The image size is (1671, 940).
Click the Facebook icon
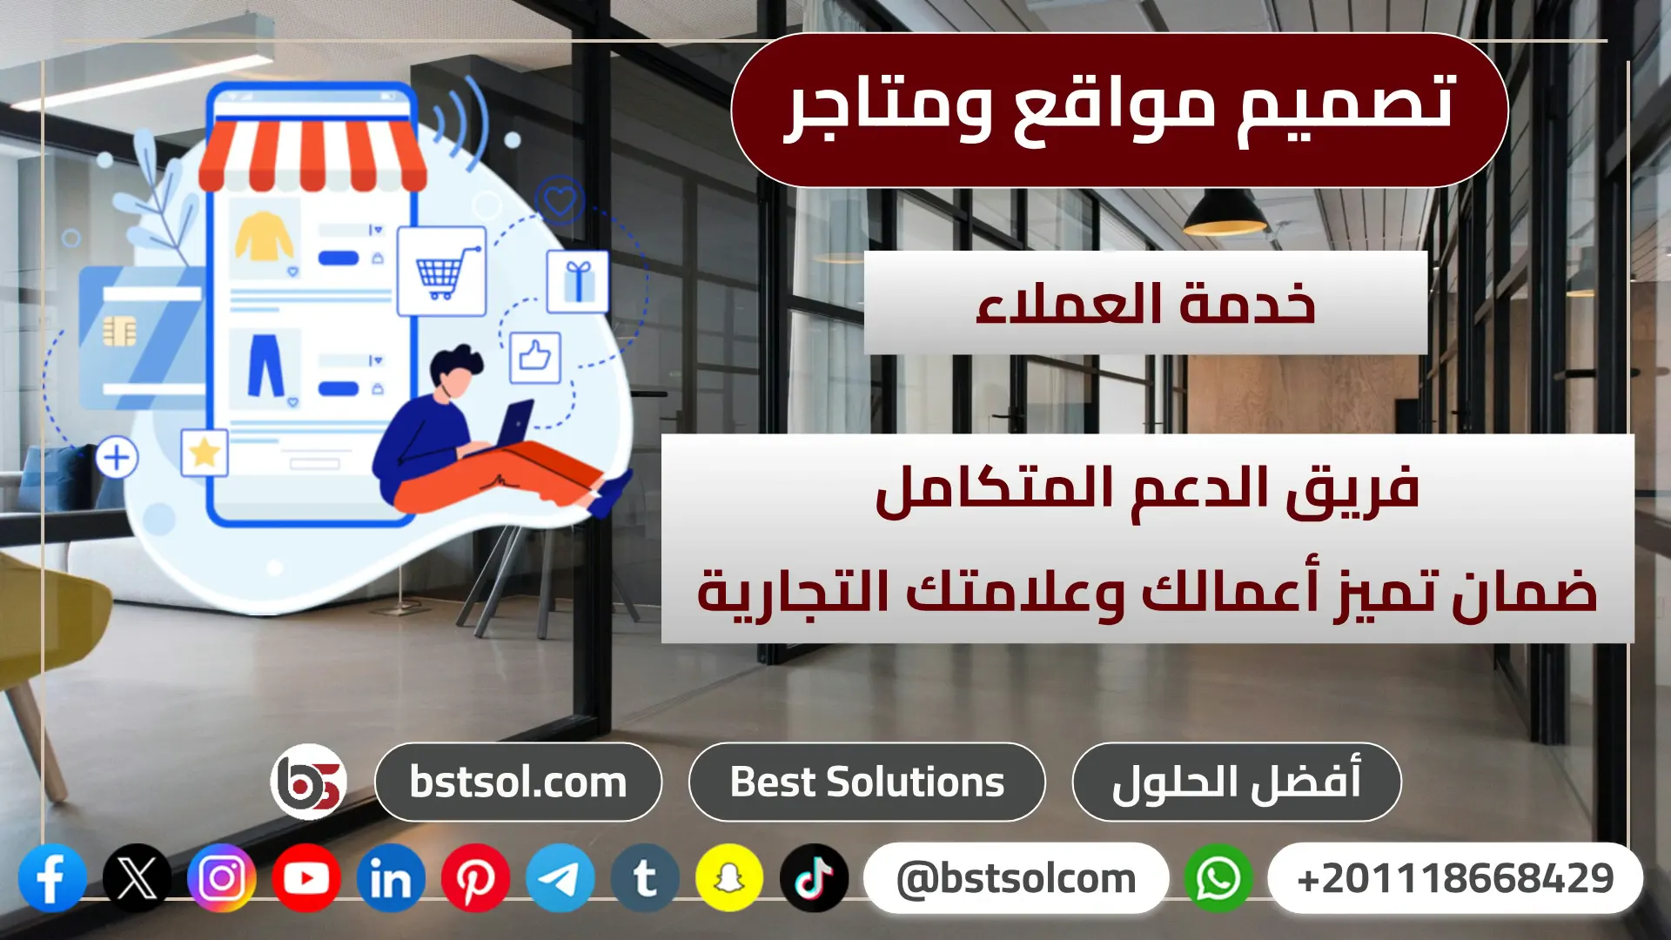[x=52, y=878]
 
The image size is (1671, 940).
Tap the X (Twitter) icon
[x=137, y=878]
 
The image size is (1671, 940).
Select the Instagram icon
[x=222, y=878]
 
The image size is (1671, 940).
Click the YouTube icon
[x=306, y=878]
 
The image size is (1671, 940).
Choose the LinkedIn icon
[x=391, y=878]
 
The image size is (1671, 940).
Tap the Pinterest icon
[x=475, y=878]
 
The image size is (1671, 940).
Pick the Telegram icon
[x=560, y=878]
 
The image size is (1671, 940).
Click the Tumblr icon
[x=645, y=878]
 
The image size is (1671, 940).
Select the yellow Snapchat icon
[x=729, y=878]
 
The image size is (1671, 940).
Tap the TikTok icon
[x=815, y=878]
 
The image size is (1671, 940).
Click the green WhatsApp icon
[x=1218, y=878]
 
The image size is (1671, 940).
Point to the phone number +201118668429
[x=1455, y=878]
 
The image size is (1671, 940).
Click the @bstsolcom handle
[x=1016, y=878]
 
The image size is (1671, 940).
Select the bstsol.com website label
[x=518, y=782]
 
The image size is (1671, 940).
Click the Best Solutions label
[x=867, y=782]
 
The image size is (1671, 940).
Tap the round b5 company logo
[x=309, y=782]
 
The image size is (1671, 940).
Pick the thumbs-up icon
[x=534, y=357]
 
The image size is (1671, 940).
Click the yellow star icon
[x=205, y=453]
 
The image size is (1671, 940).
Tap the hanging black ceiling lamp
[x=1225, y=213]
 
